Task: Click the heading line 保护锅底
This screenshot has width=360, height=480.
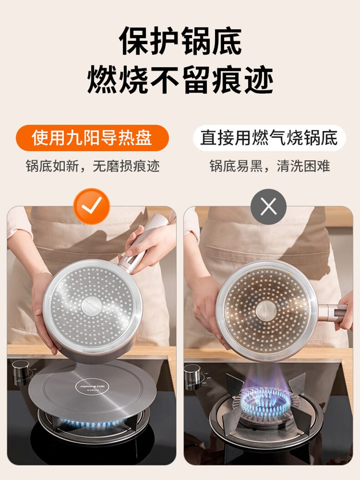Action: [180, 41]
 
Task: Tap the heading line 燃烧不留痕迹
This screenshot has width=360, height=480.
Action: [180, 80]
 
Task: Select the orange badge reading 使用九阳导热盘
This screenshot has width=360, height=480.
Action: [92, 138]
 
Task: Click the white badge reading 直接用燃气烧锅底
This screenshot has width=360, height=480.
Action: [269, 138]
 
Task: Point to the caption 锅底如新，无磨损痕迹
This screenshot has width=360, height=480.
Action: [93, 166]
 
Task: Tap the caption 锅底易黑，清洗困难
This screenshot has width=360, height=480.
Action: [270, 166]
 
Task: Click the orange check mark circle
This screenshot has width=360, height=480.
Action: [92, 206]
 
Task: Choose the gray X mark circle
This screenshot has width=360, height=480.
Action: [268, 206]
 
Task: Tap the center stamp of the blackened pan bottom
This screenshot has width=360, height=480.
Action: [266, 310]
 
